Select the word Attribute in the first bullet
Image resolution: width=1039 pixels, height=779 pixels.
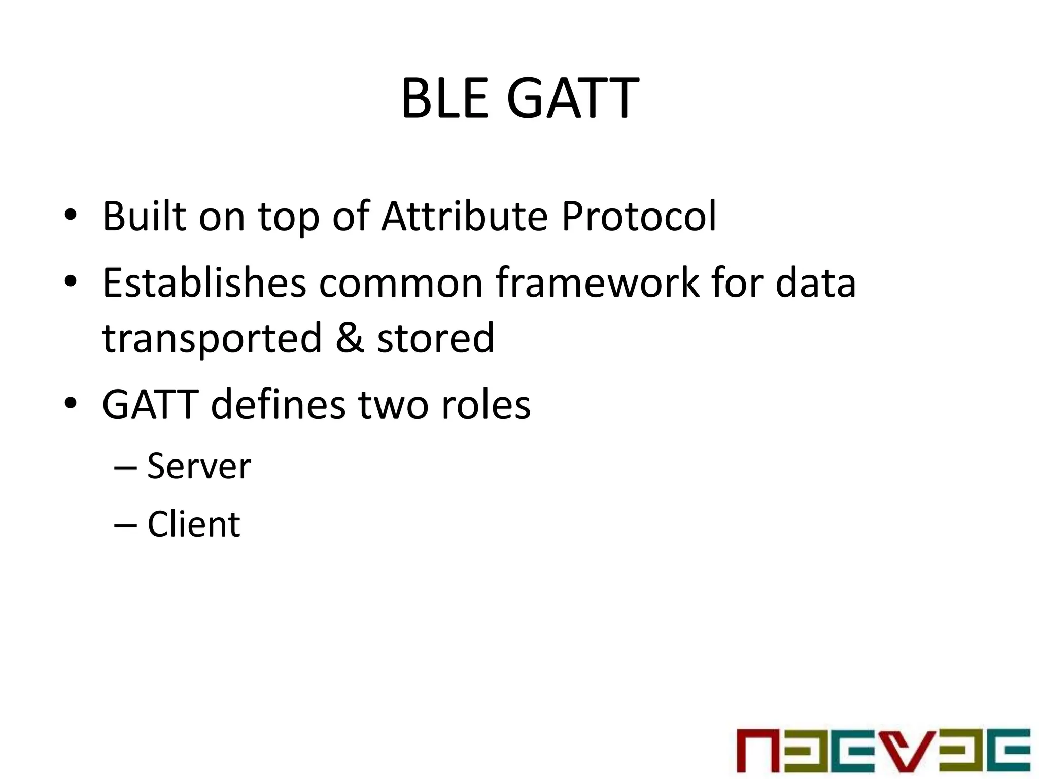coord(465,217)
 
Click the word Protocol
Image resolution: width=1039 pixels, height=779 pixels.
coord(639,217)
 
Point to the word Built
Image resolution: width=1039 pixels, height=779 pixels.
coord(144,217)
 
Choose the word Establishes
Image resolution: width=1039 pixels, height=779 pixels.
coord(204,282)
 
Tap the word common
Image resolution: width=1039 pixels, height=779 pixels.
coord(401,282)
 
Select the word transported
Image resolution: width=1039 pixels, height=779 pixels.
coord(212,338)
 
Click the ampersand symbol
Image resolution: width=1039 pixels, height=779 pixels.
coord(350,338)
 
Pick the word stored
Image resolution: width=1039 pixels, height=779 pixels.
coord(435,338)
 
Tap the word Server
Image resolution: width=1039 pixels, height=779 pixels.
coord(199,466)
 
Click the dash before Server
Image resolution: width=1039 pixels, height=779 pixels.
coord(125,468)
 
